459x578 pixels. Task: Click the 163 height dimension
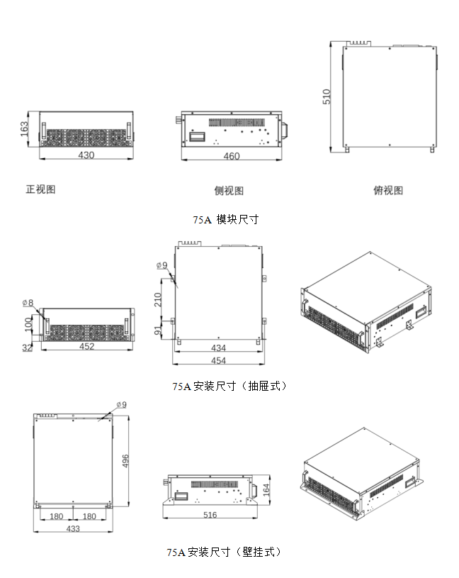[x=24, y=128]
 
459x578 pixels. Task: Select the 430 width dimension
[x=86, y=155]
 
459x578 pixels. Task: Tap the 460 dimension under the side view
[x=232, y=157]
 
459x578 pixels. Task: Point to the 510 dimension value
[x=327, y=96]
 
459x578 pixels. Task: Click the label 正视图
[x=40, y=189]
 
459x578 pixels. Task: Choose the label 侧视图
[x=229, y=191]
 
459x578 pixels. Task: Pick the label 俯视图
[x=388, y=190]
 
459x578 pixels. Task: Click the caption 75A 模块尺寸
[x=226, y=220]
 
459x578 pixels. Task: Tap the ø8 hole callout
[x=28, y=303]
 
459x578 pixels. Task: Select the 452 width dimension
[x=86, y=347]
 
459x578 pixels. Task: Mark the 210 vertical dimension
[x=159, y=299]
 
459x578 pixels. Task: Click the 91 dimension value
[x=159, y=330]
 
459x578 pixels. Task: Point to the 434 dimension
[x=218, y=348]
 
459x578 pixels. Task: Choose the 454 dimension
[x=218, y=361]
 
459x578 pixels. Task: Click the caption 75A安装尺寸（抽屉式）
[x=229, y=387]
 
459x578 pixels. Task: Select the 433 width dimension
[x=73, y=528]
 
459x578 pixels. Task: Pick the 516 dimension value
[x=210, y=515]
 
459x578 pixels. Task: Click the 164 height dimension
[x=266, y=489]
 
